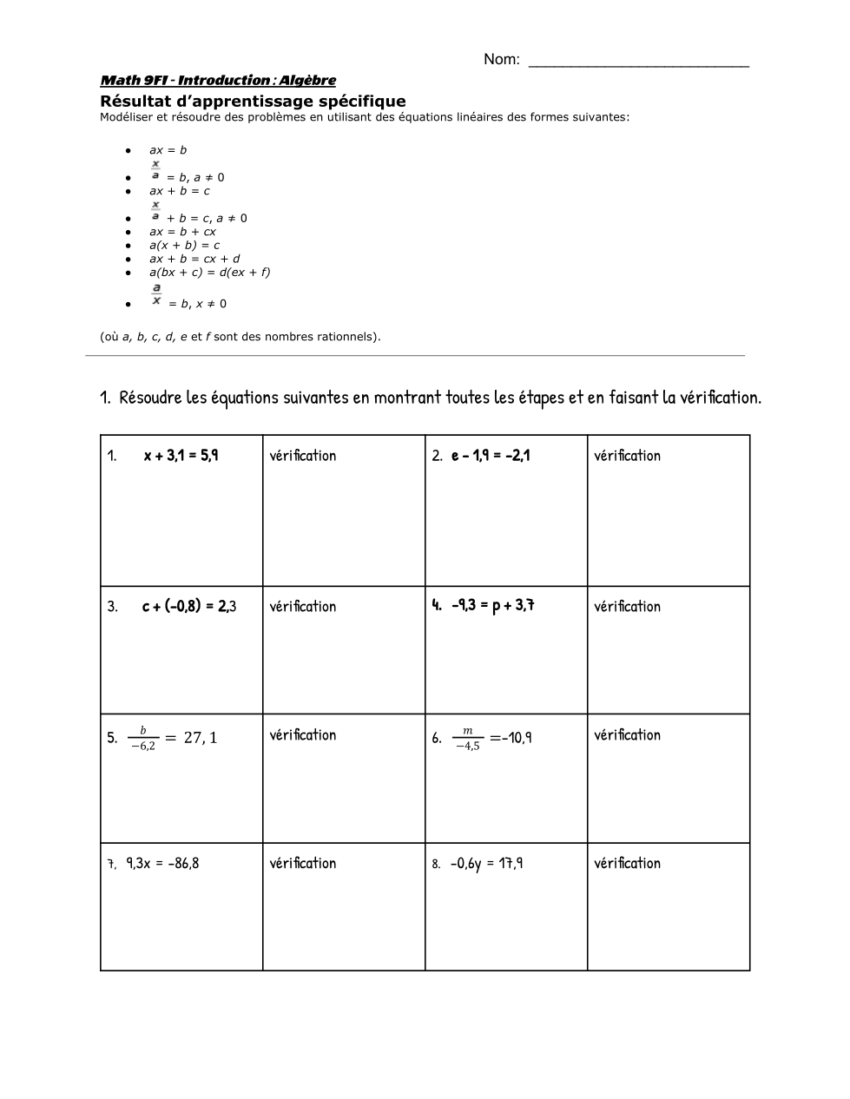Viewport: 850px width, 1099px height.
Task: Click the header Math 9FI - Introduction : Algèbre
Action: pos(218,81)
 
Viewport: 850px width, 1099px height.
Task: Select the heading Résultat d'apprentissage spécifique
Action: pos(253,102)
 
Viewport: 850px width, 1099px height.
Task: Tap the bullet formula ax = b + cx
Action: pos(182,232)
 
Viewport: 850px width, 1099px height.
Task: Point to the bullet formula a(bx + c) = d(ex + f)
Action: pos(209,273)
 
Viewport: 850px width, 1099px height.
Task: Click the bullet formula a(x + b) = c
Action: pos(184,246)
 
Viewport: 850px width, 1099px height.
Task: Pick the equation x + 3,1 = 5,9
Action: pos(181,455)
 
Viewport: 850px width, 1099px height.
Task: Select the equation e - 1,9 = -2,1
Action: pos(491,455)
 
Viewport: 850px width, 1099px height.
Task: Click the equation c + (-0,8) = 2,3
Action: pos(189,606)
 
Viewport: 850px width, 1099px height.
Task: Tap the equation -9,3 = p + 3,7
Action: pos(492,605)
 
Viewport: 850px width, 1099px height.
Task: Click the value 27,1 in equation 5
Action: pos(201,738)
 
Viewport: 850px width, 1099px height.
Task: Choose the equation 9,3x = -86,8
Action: pos(162,863)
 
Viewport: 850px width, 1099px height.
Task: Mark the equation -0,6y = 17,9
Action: pos(486,863)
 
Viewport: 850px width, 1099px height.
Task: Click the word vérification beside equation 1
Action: pos(302,456)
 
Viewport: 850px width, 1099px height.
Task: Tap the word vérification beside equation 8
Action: pos(627,863)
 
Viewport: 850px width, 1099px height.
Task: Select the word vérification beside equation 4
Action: pos(627,607)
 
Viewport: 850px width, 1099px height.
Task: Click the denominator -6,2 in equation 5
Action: pos(142,746)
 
